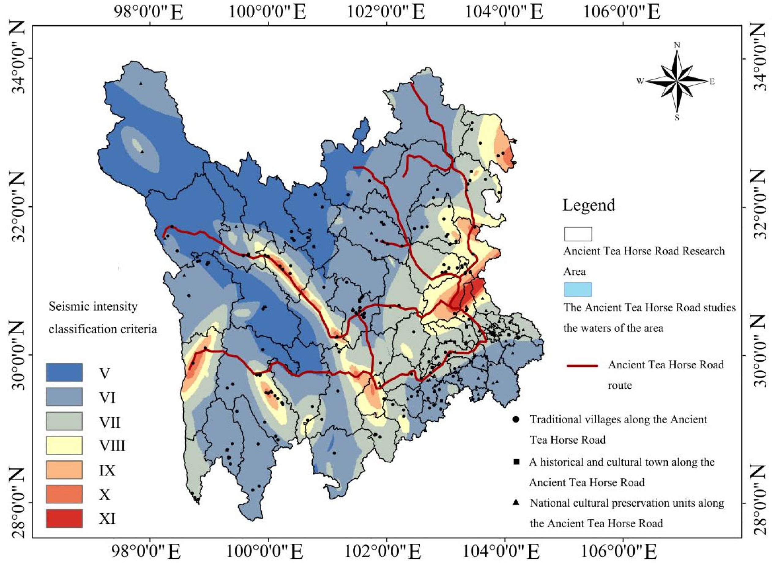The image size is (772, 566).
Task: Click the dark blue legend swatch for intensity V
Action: tap(64, 373)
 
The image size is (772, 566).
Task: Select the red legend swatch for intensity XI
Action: tap(64, 518)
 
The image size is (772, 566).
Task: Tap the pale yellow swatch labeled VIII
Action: tap(64, 445)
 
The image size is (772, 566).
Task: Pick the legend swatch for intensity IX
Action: tap(64, 470)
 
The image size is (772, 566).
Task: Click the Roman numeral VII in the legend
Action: tap(110, 422)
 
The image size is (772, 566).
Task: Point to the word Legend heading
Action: tap(589, 205)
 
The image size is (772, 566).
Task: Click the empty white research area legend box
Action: tap(578, 234)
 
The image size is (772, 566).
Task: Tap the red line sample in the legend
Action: tap(582, 366)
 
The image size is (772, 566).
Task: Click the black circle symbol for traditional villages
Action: tap(516, 419)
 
